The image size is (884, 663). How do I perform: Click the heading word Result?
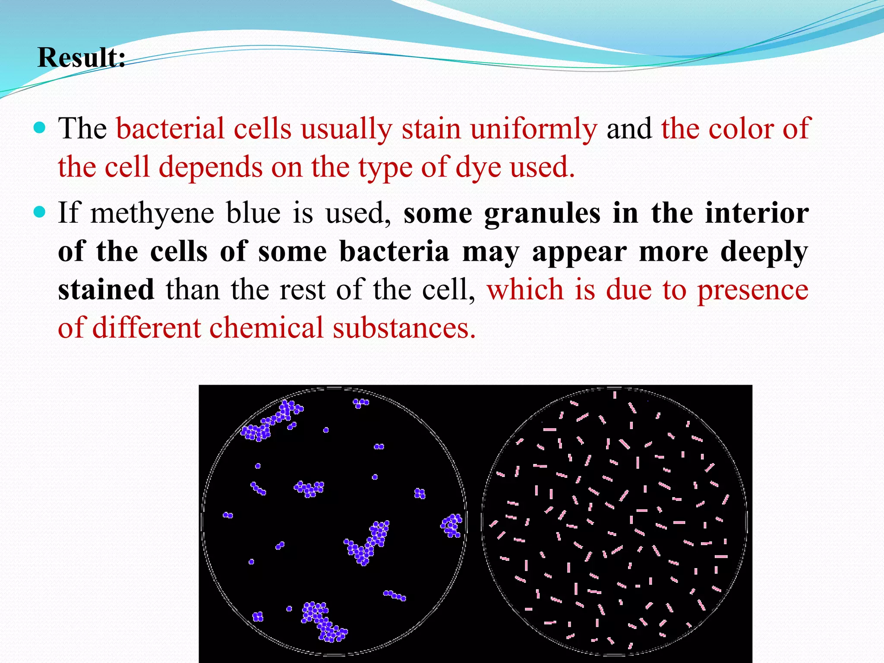click(82, 57)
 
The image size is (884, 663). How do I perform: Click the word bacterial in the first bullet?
click(170, 129)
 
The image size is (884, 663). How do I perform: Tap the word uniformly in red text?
click(534, 129)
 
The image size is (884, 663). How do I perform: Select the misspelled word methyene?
click(152, 213)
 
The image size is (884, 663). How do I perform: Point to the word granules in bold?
click(542, 213)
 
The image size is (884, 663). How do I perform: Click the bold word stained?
click(106, 290)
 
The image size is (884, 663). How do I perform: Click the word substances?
click(404, 328)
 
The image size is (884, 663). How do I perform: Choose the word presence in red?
click(753, 290)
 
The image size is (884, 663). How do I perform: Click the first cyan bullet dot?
click(39, 128)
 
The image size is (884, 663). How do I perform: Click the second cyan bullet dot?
click(39, 212)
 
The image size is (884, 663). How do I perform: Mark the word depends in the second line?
click(211, 167)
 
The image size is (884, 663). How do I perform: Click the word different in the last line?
click(146, 328)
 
